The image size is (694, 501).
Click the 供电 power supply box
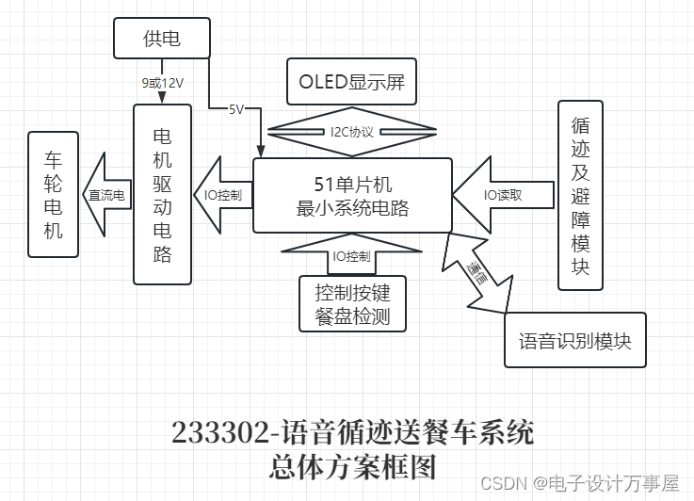point(161,38)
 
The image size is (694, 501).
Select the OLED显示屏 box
point(351,82)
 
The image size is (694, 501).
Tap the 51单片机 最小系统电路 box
point(352,196)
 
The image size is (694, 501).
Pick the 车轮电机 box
point(54,194)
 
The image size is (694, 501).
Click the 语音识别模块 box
point(575,340)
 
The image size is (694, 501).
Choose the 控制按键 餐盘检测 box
point(352,303)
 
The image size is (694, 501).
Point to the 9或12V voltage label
point(162,83)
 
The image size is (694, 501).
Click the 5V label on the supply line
point(235,109)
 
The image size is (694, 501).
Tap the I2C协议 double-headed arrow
point(351,132)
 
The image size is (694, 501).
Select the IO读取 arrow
point(501,195)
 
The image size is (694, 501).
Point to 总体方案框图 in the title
point(352,466)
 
